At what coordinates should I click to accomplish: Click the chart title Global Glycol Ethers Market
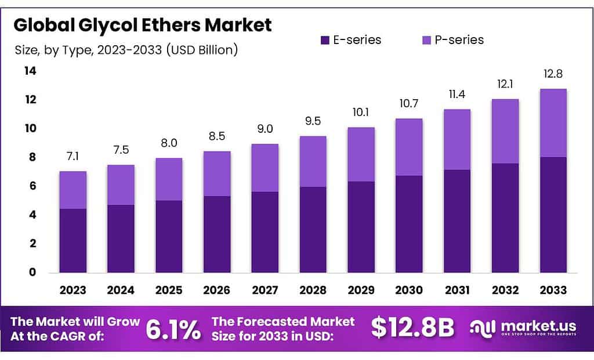coord(143,25)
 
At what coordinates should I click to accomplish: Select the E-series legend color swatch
coord(325,40)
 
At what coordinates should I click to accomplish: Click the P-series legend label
coord(459,40)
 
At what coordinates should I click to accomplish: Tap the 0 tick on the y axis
coord(33,272)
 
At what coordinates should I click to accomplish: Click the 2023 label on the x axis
coord(73,290)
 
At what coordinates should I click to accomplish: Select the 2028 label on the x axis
coord(313,290)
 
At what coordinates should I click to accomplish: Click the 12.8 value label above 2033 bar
coord(553,75)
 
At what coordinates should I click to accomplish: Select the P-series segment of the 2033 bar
coord(553,123)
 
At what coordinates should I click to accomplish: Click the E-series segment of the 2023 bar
coord(73,241)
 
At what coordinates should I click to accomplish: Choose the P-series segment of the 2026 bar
coord(217,173)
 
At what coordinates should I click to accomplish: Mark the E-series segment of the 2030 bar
coord(409,224)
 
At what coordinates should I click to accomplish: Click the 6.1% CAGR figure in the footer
coord(173,329)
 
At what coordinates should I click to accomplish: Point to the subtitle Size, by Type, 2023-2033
coord(126,50)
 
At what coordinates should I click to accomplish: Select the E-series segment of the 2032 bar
coord(505,218)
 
